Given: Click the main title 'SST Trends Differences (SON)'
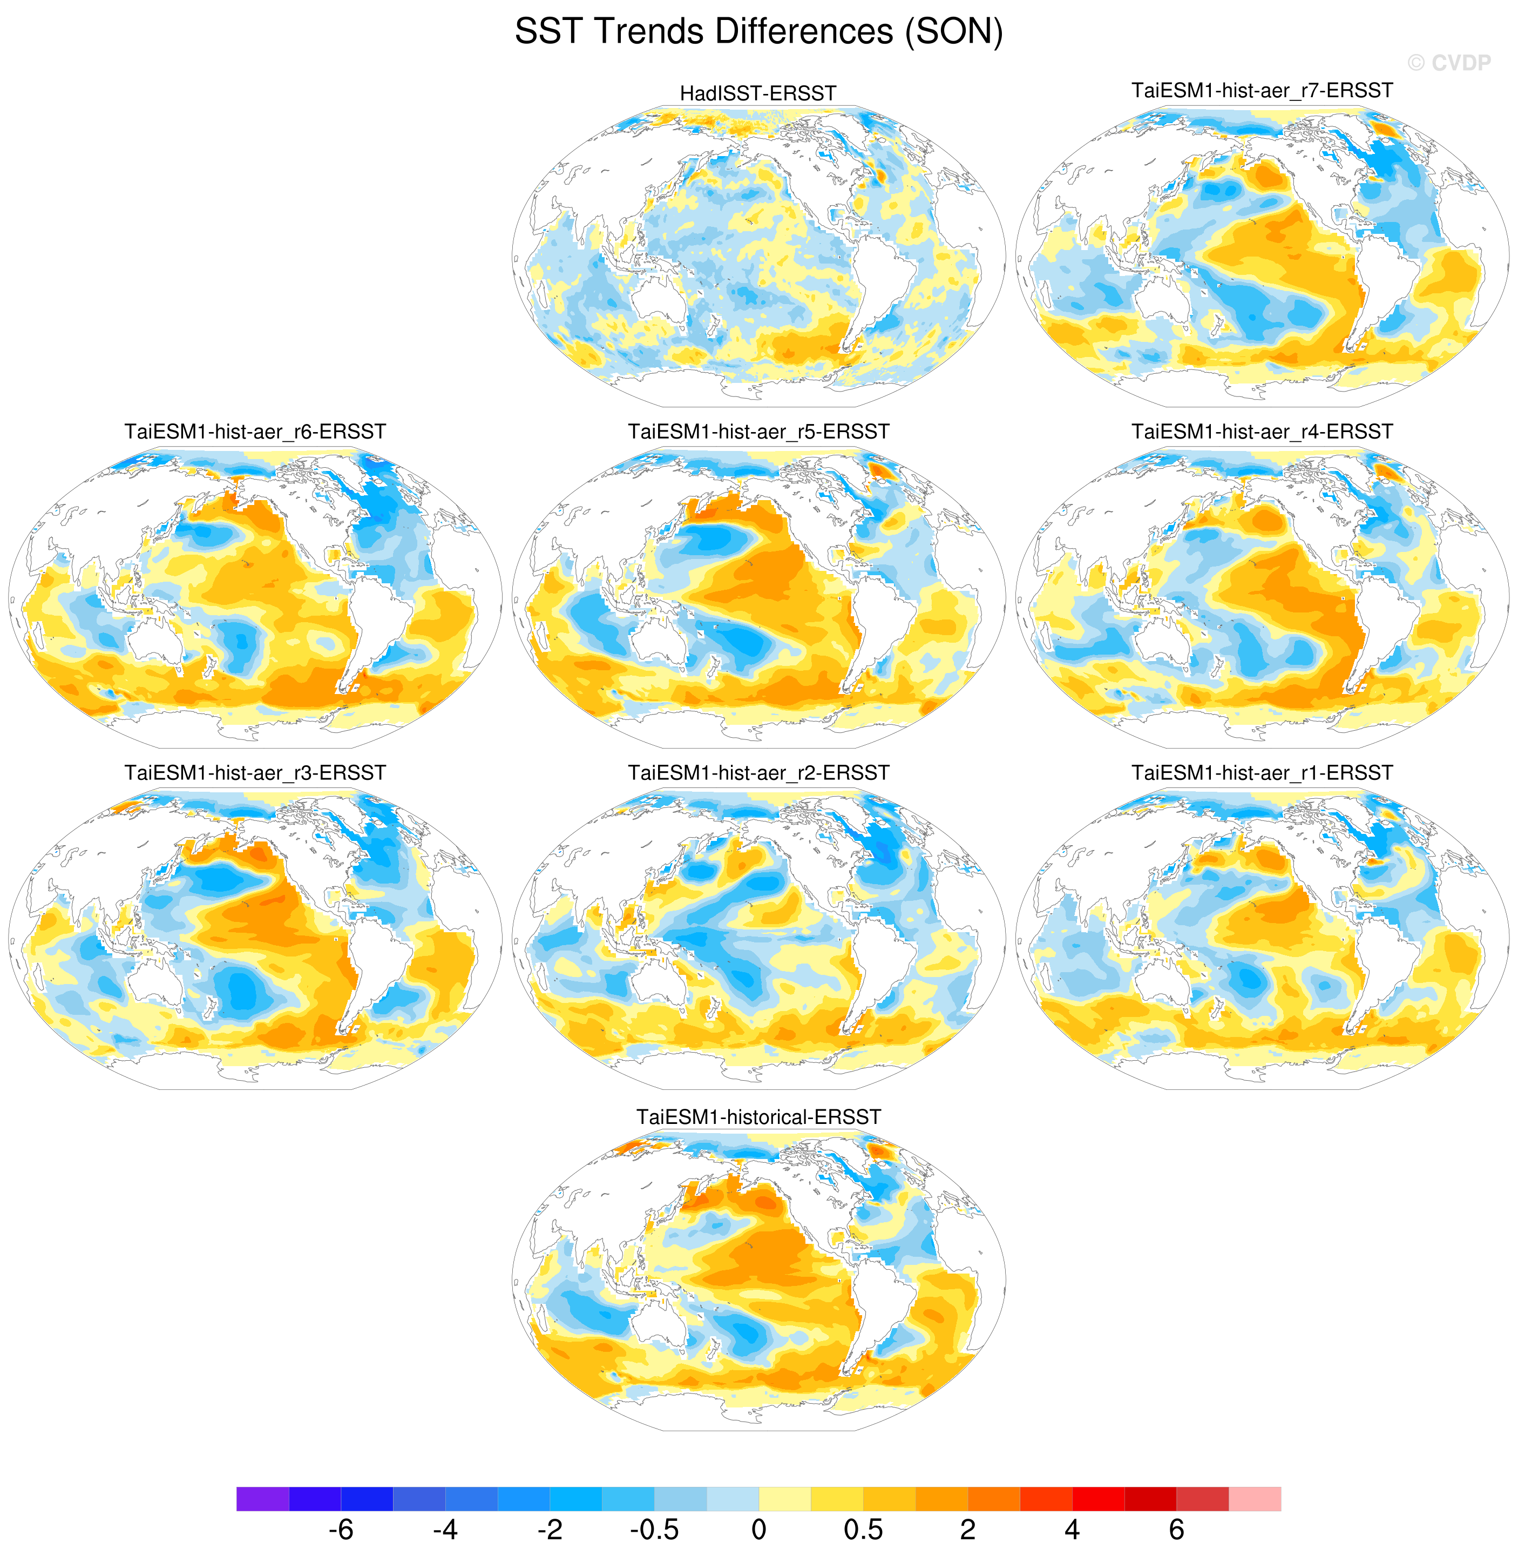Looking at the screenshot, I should pos(758,32).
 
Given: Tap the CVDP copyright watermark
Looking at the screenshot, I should pos(1449,63).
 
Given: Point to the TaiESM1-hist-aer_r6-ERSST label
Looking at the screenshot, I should pos(255,432).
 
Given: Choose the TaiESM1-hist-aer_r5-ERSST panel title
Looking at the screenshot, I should pos(758,432).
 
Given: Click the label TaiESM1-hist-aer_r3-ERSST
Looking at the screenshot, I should pos(255,773).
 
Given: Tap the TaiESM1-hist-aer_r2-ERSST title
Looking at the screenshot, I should pos(758,773).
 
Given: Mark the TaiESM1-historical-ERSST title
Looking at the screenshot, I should pos(758,1116).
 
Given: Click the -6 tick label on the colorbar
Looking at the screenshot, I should pos(341,1530).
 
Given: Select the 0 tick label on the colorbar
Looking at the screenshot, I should pos(758,1530).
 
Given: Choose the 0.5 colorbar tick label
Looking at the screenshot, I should pos(863,1530).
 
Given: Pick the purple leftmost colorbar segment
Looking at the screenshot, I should pos(262,1498).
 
